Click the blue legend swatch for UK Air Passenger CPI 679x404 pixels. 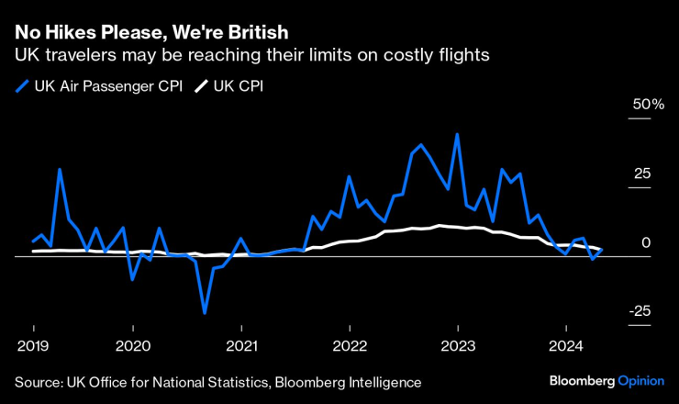(x=21, y=87)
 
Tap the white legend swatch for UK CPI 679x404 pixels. (x=199, y=87)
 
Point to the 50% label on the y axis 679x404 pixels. (x=646, y=106)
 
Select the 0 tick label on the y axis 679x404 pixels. (x=646, y=242)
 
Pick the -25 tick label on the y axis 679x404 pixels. (x=640, y=310)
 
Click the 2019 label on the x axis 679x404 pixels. (x=34, y=347)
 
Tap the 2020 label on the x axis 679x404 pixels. (x=134, y=347)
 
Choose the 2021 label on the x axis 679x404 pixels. (x=241, y=347)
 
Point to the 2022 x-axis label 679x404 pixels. (x=350, y=347)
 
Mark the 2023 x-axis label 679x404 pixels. (x=458, y=347)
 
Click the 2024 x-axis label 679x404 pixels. (x=565, y=347)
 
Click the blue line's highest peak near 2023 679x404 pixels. (x=457, y=134)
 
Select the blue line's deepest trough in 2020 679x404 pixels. (x=205, y=313)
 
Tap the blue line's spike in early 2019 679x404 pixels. (x=60, y=170)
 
